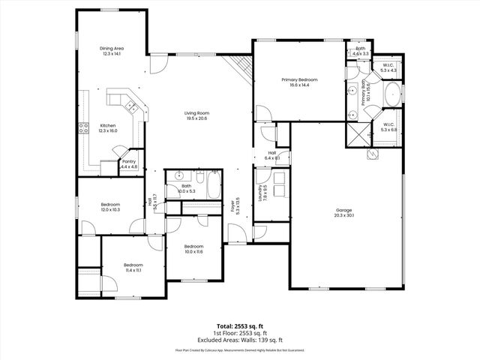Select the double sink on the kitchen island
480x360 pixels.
(x=122, y=98)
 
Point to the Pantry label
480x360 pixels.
(x=129, y=163)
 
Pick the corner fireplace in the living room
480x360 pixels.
(x=241, y=67)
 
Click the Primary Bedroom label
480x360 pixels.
(x=299, y=82)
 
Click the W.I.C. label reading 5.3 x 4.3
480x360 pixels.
(x=388, y=68)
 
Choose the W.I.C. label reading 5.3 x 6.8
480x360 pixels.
(x=388, y=127)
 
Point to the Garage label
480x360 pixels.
(x=344, y=212)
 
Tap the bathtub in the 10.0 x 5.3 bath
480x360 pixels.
(x=212, y=187)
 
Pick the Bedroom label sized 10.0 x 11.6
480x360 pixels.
(x=193, y=249)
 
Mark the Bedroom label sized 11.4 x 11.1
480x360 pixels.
(x=133, y=267)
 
